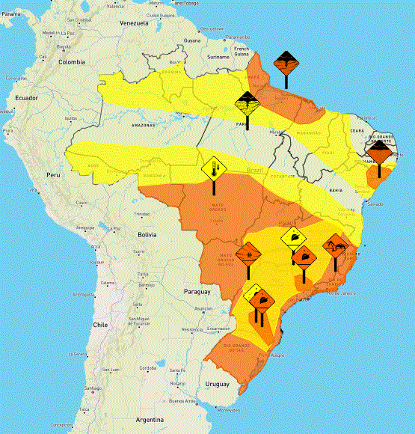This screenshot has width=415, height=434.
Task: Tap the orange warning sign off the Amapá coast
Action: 286,62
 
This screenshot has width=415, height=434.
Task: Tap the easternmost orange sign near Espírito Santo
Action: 335,246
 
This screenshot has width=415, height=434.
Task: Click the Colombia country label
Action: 73,62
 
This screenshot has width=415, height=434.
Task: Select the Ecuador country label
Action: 27,99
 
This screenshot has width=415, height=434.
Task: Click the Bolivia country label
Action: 146,234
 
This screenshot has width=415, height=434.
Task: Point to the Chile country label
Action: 101,325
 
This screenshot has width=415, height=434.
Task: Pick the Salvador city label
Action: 377,204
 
